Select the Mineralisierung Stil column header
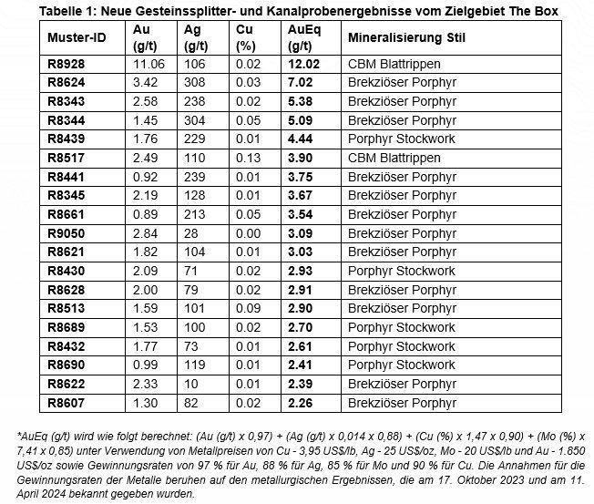(410, 37)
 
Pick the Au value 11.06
(148, 65)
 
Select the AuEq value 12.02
(303, 65)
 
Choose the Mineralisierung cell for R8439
(401, 139)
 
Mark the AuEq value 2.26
(300, 402)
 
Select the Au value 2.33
(144, 383)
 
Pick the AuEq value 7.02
(300, 83)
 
